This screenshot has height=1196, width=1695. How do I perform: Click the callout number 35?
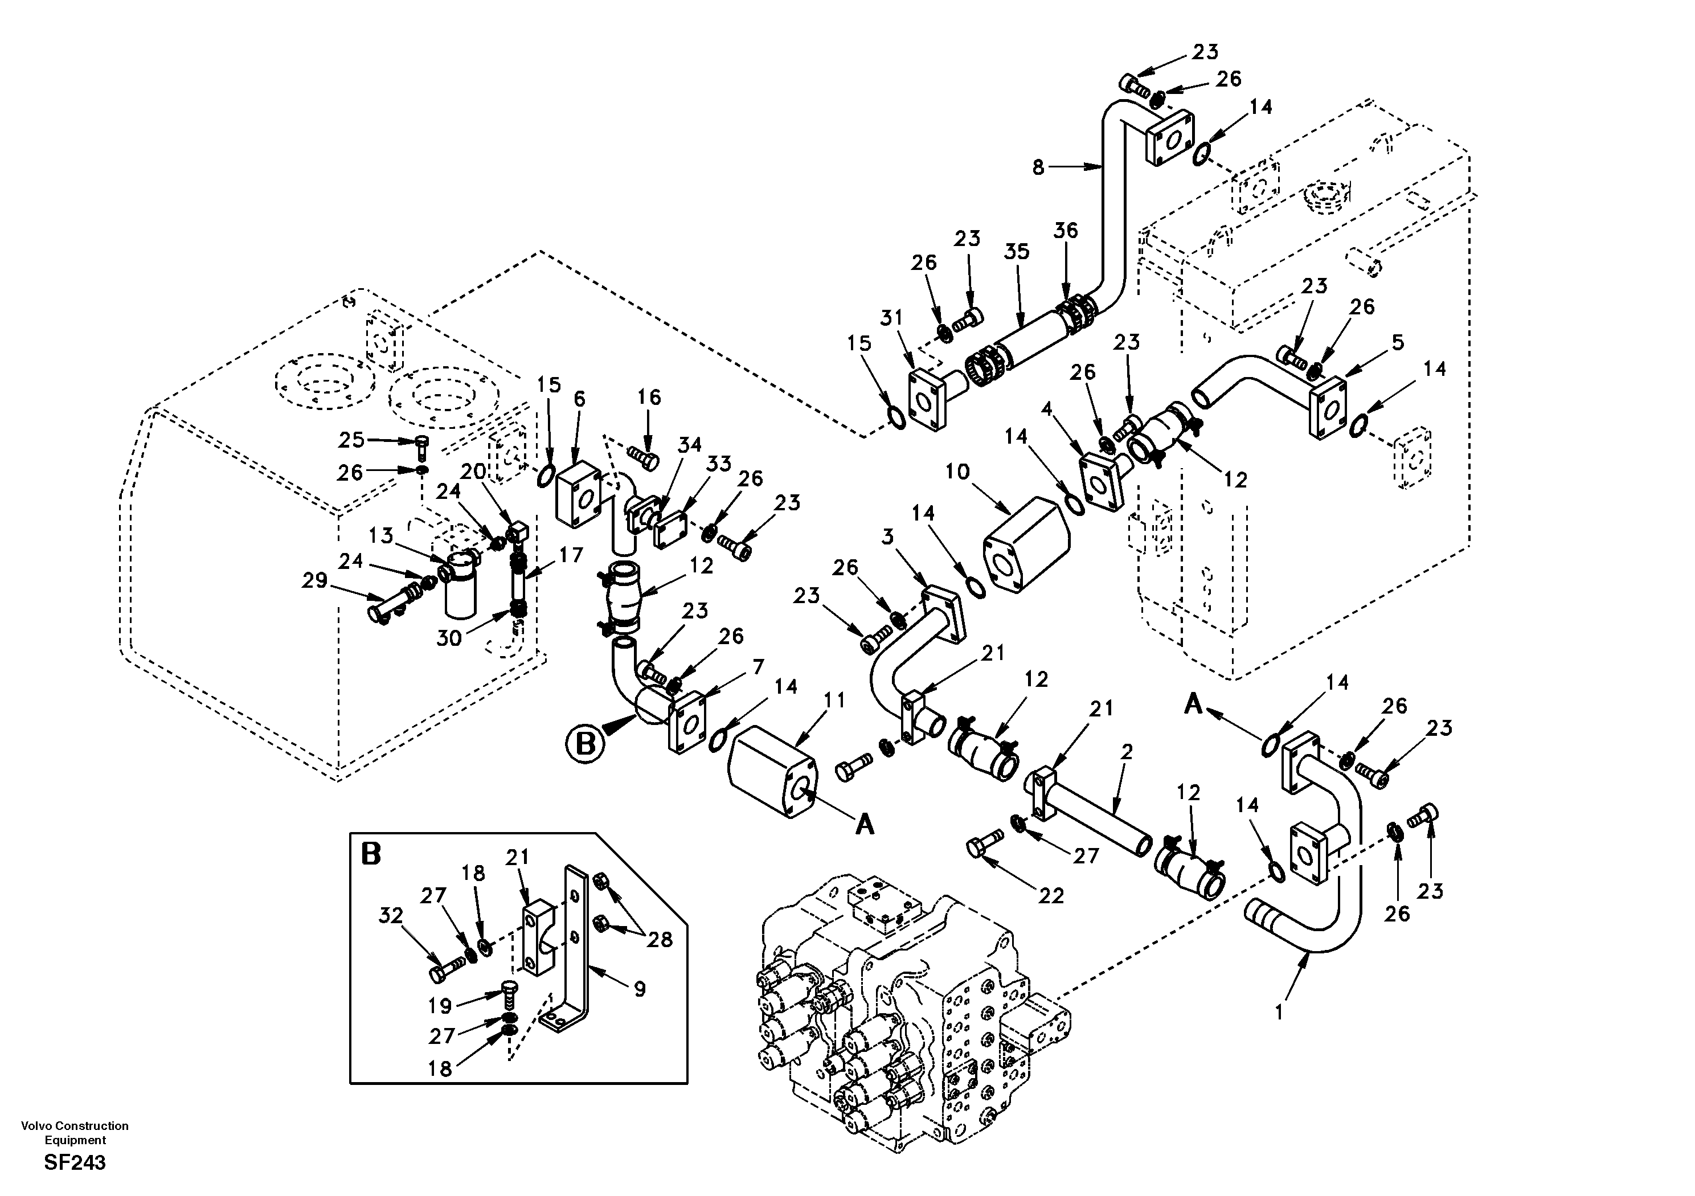click(x=1016, y=252)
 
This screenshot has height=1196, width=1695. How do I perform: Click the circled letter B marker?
click(x=585, y=743)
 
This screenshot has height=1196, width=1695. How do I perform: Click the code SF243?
click(x=75, y=1163)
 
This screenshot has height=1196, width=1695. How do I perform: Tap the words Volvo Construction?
click(x=75, y=1126)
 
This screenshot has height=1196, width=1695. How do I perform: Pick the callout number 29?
click(x=314, y=580)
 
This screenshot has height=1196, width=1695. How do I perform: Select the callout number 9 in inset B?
click(x=639, y=989)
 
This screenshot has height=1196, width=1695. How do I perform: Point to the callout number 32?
click(x=391, y=915)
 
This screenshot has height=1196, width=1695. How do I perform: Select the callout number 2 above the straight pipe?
click(x=1126, y=752)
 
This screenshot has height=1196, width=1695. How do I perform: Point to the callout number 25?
click(x=351, y=440)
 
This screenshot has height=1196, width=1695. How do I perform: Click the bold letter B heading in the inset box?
click(x=371, y=854)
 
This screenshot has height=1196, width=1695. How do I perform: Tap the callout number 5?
click(x=1398, y=342)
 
